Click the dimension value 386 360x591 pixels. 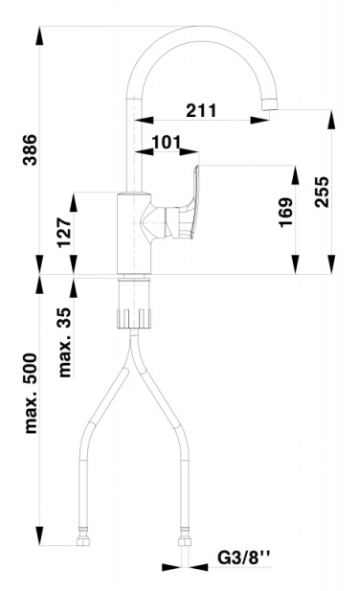30,149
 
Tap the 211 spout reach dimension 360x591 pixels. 201,110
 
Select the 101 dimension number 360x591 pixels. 167,143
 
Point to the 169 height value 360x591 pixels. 285,212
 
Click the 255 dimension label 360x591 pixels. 321,192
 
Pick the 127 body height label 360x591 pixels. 64,233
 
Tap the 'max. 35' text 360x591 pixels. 64,342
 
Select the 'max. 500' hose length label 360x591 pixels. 30,393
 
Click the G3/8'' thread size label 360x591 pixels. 244,557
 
